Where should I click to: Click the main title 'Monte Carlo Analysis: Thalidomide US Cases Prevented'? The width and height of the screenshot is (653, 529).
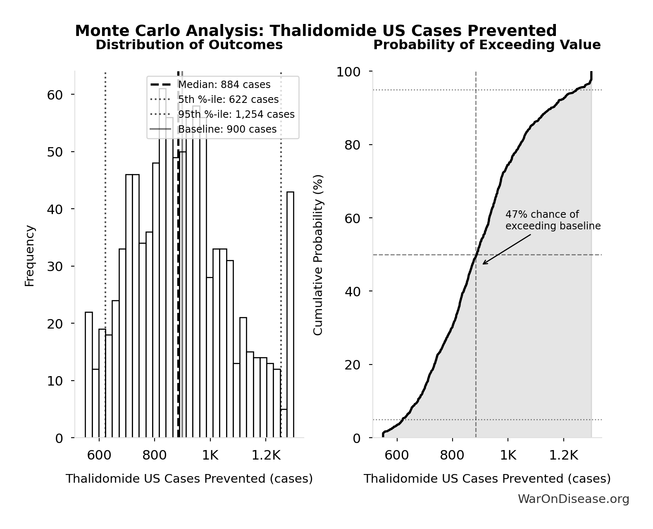[316, 31]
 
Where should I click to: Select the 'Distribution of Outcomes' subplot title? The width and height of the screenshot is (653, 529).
[189, 45]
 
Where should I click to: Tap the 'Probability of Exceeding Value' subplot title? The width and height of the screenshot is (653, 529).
[487, 45]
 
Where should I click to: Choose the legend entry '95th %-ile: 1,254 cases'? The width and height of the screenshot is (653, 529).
[236, 114]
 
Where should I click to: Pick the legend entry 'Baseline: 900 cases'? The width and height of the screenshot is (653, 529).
[227, 129]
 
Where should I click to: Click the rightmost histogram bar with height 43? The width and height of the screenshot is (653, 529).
[291, 314]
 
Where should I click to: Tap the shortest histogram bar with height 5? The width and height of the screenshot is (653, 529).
[284, 423]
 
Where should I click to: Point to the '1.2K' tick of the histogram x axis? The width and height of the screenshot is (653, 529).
[267, 455]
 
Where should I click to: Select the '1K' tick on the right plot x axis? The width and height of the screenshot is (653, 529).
[508, 455]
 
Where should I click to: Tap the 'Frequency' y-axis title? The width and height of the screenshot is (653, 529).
[30, 255]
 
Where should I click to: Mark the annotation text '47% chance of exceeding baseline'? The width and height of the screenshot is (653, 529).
[553, 220]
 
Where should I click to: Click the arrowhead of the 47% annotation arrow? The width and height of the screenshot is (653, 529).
[484, 264]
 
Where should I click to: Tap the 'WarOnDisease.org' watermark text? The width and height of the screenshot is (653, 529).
[573, 499]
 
